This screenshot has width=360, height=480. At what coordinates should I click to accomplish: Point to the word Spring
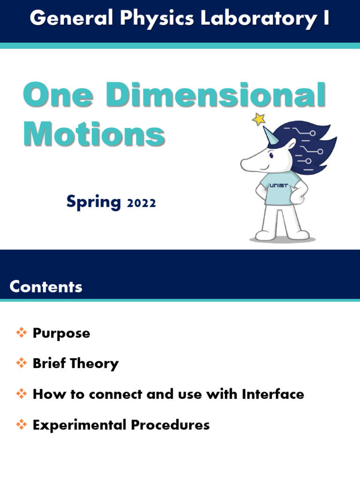(x=93, y=202)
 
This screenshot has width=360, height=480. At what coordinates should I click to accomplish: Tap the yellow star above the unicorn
(x=258, y=119)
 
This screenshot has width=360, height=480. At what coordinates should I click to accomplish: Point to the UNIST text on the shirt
(x=278, y=186)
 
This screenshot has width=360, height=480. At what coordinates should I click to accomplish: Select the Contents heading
(x=46, y=287)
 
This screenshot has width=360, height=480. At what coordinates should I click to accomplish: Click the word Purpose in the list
(x=61, y=334)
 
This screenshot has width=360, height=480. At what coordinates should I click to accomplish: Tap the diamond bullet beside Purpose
(x=22, y=333)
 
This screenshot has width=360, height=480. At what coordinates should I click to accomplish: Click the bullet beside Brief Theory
(x=22, y=363)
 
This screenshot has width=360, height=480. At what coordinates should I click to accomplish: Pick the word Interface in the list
(x=273, y=394)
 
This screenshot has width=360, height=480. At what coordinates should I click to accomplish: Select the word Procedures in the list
(x=170, y=425)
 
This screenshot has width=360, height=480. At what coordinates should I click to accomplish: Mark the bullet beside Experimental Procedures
(x=22, y=425)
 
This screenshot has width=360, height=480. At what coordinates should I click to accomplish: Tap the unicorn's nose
(x=243, y=164)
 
